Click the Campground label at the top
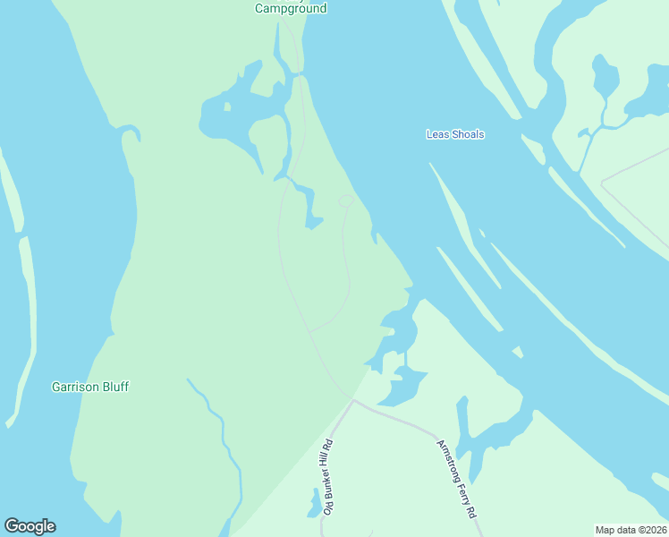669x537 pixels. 291,8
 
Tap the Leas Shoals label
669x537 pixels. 455,134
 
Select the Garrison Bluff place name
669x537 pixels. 89,387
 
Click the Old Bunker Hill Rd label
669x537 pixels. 328,476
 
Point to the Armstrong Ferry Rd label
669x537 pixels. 455,480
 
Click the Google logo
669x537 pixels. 30,526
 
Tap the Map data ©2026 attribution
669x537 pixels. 631,530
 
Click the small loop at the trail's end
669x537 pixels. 347,200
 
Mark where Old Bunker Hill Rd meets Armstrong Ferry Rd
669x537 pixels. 353,402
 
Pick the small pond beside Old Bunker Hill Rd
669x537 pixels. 315,504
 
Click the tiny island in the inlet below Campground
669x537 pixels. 227,107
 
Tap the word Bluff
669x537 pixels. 115,387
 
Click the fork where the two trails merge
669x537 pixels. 310,332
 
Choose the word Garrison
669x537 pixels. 75,387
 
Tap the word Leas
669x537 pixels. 436,134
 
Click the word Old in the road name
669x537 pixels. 328,507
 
